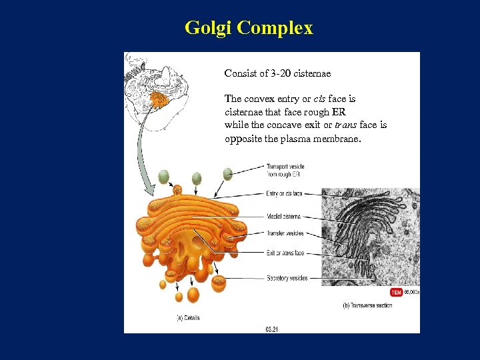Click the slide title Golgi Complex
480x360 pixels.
click(x=248, y=28)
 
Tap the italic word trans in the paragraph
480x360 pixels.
click(x=345, y=125)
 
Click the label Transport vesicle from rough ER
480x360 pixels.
click(x=286, y=170)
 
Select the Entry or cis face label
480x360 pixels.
click(x=284, y=193)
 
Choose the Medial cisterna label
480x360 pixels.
click(x=283, y=217)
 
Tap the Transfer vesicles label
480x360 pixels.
click(x=285, y=233)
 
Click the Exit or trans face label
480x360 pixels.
click(x=285, y=253)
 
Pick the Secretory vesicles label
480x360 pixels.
click(x=287, y=278)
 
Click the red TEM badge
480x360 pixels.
click(x=396, y=292)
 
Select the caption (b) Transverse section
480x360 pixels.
click(x=367, y=306)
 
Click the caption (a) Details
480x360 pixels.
click(x=187, y=318)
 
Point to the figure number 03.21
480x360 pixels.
click(x=272, y=328)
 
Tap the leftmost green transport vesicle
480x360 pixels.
click(x=163, y=177)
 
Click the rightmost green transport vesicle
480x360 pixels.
click(x=228, y=173)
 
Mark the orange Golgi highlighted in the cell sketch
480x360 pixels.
click(x=159, y=100)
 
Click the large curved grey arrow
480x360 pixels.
click(x=141, y=153)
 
